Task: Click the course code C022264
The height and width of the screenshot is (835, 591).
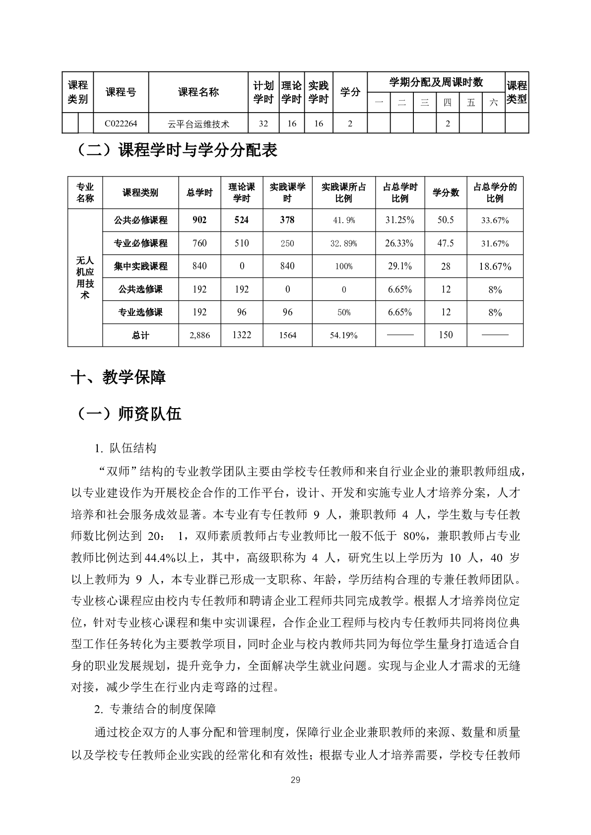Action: [121, 124]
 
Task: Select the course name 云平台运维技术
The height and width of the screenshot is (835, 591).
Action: [198, 124]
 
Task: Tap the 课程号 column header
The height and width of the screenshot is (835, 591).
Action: [121, 92]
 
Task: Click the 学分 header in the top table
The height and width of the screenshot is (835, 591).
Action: [350, 92]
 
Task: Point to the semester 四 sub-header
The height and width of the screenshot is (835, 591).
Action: [448, 103]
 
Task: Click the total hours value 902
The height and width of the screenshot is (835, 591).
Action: [199, 220]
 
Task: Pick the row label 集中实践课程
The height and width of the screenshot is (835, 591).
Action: [140, 266]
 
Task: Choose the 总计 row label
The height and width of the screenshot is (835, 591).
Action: [140, 335]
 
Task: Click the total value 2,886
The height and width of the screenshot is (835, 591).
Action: [199, 335]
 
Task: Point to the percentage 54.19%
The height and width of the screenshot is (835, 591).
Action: [343, 335]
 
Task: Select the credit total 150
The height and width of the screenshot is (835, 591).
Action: [446, 335]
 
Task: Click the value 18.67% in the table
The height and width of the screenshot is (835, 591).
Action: [495, 267]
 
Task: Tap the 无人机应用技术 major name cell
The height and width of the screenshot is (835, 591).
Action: [85, 278]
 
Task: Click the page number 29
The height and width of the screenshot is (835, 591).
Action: [295, 780]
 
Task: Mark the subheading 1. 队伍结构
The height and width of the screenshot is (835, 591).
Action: [125, 448]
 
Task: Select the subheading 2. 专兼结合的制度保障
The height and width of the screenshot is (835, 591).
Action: [155, 709]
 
